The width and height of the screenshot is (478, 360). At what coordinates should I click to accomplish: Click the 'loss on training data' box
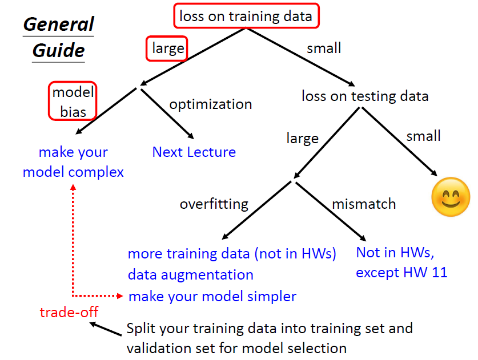coord(246,16)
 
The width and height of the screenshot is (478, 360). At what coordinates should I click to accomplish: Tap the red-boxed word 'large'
coord(167,49)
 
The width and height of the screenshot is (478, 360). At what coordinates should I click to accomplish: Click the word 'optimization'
coord(211,104)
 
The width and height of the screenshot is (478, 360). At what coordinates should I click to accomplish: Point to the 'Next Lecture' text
coord(194,152)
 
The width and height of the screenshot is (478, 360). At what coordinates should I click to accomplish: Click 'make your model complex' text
coord(73,162)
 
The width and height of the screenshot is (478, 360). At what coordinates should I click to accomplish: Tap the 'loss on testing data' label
coord(365,96)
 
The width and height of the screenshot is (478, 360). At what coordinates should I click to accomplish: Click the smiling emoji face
coord(451,197)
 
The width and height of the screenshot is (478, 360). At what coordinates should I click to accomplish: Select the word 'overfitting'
coord(214,204)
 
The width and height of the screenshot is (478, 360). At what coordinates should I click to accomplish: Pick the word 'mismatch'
coord(364,204)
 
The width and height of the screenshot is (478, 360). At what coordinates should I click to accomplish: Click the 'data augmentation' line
coord(190,274)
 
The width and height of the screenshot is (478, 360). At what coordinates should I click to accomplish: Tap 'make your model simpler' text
coord(212,296)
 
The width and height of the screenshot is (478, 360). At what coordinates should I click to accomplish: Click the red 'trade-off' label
coord(69,312)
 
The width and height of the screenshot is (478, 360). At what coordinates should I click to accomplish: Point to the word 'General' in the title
coord(59,25)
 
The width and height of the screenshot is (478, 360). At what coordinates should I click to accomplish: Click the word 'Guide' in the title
coord(59,50)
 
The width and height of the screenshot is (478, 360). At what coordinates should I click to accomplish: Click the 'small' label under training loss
coord(324,48)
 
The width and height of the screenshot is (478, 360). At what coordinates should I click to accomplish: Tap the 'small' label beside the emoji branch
coord(423,136)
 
